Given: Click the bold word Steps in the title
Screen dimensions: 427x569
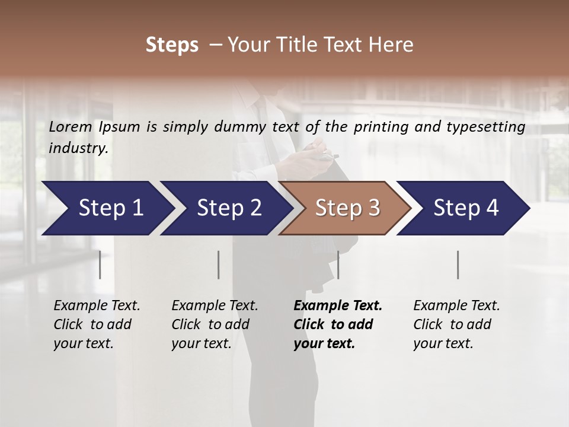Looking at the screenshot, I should tap(172, 45).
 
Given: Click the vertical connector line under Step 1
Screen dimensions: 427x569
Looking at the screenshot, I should tap(100, 265).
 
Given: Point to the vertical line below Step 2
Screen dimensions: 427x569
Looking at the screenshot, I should tap(219, 265).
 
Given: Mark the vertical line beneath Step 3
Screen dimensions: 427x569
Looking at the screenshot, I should tap(338, 265).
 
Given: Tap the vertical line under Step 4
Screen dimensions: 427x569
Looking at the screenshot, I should tap(458, 265).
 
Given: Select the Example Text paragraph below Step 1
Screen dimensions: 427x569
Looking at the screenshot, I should tap(97, 324).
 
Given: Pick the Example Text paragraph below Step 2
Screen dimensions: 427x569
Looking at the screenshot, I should tap(215, 324).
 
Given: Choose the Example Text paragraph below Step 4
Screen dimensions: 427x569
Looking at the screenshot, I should tap(456, 324).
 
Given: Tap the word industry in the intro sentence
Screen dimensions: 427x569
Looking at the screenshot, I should tap(78, 148).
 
